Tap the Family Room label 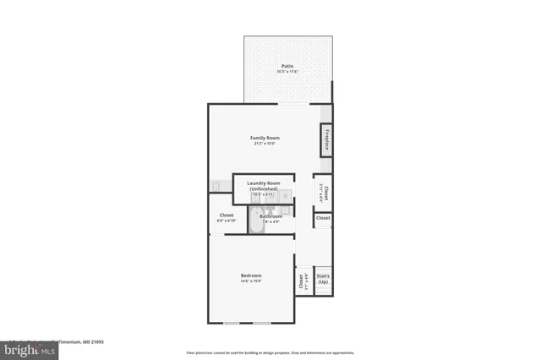(x=265, y=138)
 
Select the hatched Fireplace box (x=325, y=140)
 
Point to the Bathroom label (x=271, y=216)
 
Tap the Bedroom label (x=251, y=275)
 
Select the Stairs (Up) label (x=323, y=279)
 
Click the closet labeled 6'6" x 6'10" (x=227, y=218)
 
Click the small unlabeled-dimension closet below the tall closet (x=323, y=218)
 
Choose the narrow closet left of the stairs (x=300, y=281)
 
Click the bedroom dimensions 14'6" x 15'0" (x=251, y=281)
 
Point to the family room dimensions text (x=265, y=144)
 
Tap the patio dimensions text (x=287, y=71)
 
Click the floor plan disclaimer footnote (x=270, y=352)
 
